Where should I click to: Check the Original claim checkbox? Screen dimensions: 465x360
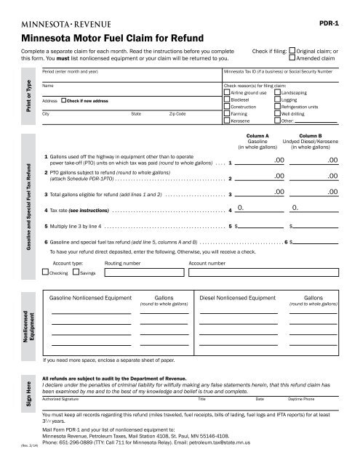coord(292,51)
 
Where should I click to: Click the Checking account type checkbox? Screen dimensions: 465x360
coord(47,272)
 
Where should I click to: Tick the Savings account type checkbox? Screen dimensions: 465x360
coord(76,272)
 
